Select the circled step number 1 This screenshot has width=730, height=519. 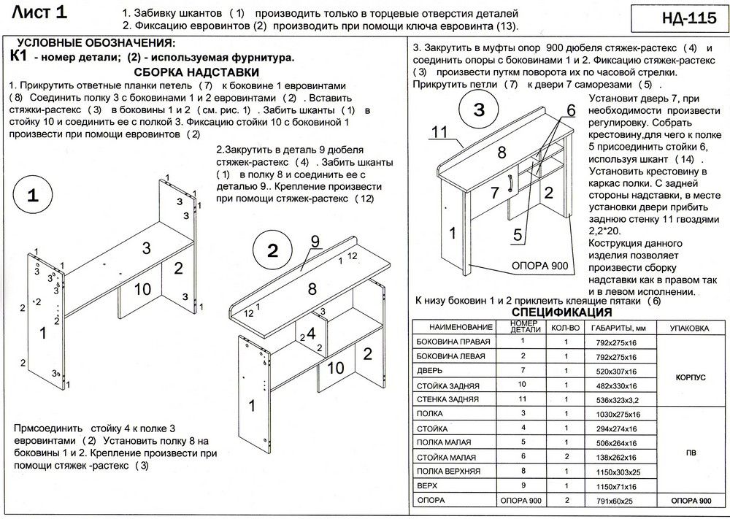(x=33, y=196)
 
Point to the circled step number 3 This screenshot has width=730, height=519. (x=478, y=110)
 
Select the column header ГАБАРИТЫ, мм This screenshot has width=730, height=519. (x=620, y=328)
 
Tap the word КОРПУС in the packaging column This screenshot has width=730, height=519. (x=690, y=378)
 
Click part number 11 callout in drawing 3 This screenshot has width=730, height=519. (x=439, y=132)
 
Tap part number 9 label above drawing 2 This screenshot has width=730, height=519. (x=315, y=241)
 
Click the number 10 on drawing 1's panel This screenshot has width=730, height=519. (x=142, y=289)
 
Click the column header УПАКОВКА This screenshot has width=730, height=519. (x=690, y=328)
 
